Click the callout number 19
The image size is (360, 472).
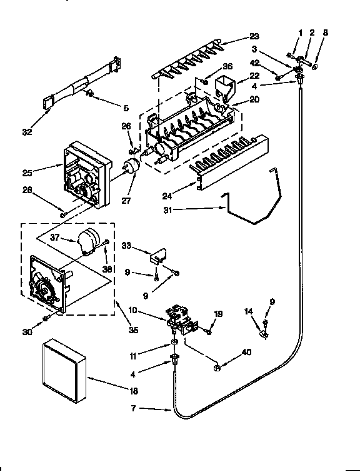(219, 314)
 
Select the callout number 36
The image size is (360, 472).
(227, 67)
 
